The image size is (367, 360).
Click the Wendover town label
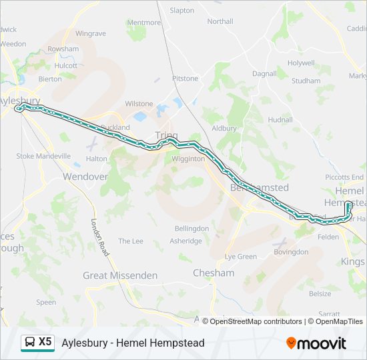85,177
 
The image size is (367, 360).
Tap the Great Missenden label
120,275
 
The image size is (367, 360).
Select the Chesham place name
214,273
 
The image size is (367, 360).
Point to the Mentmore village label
144,22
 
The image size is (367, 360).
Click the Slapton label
182,11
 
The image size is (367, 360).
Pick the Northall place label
220,21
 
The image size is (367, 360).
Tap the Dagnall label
264,73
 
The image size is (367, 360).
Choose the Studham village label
306,81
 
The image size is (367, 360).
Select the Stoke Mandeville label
43,156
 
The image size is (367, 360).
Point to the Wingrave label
91,33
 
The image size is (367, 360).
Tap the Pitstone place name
186,79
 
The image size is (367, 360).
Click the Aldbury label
224,128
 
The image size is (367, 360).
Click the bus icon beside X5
30,343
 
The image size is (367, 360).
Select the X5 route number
45,342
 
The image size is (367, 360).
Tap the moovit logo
316,343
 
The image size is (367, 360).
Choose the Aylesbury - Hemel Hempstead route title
133,343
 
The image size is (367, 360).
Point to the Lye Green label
241,257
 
